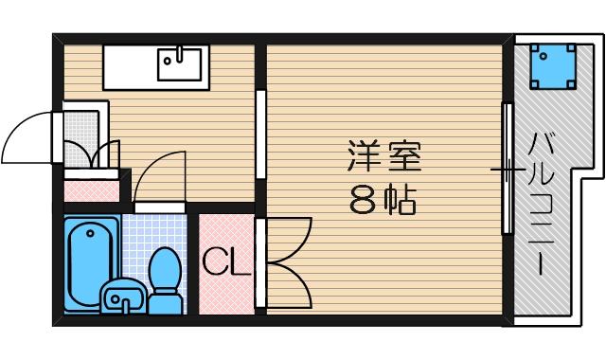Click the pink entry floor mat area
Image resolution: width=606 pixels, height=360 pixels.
(x=92, y=188)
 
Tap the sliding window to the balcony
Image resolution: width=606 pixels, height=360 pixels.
(x=508, y=171)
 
